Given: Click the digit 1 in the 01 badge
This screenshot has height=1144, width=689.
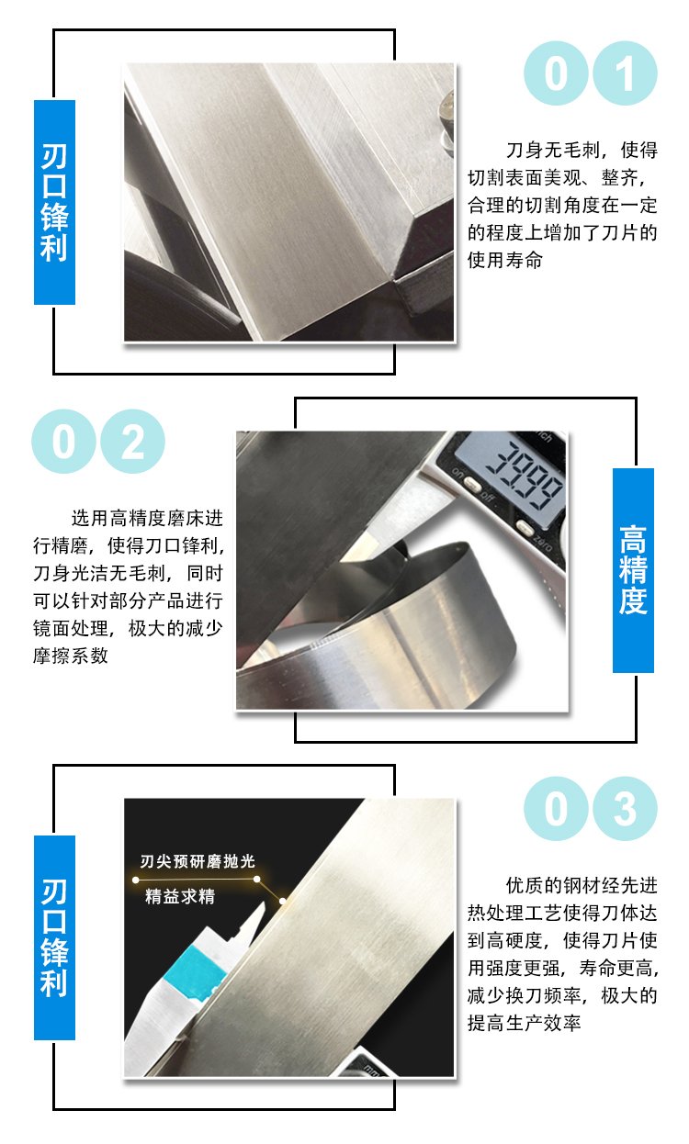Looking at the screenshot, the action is [625, 73].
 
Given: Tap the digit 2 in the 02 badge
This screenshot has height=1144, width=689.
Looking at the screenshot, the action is [133, 442].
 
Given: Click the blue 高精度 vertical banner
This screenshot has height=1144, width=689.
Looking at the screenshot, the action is [633, 570].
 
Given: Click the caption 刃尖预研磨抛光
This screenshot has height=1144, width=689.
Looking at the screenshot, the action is [198, 861].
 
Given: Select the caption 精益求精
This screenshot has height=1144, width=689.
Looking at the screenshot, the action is [180, 896].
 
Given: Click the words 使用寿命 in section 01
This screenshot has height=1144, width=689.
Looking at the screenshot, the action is [505, 260].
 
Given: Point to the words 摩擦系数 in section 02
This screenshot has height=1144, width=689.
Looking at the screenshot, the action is [71, 656].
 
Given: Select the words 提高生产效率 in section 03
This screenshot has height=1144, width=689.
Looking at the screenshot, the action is [524, 1024].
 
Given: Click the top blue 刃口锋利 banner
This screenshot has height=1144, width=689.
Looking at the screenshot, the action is [54, 202].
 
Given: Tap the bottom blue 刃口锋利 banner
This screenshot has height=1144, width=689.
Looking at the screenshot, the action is [54, 937].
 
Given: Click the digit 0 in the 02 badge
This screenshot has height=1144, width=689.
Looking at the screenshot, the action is [63, 442].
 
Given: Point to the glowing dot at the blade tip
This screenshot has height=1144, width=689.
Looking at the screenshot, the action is [282, 902].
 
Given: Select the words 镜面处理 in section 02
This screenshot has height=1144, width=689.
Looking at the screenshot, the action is [71, 628].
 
